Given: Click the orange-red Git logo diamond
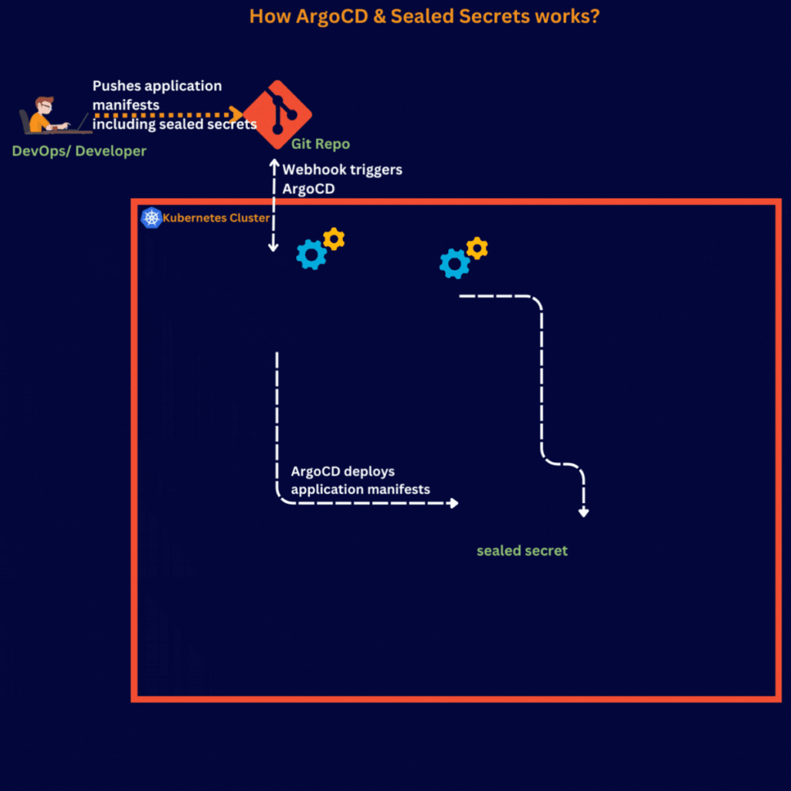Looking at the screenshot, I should (277, 115).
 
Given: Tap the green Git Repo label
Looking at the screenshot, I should (320, 144).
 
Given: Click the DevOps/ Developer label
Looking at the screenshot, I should (79, 151).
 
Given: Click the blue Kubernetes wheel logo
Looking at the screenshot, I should (151, 218).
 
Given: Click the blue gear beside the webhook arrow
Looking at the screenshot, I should (311, 254).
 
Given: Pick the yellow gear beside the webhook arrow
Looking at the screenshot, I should (334, 239).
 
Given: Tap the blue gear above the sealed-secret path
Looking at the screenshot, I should (454, 263).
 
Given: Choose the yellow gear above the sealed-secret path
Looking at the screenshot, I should (477, 248).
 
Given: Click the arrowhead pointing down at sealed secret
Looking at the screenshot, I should (584, 511).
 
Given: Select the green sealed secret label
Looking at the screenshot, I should (522, 551).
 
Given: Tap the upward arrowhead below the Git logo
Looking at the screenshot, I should (273, 163).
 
